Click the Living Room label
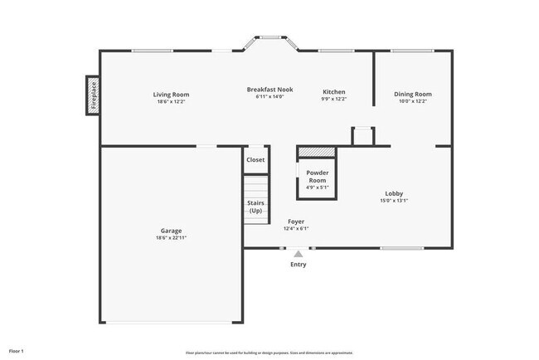171,94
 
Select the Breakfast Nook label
270,89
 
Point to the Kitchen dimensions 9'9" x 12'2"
334,100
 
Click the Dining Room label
412,94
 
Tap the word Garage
171,231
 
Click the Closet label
255,159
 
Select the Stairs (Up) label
255,207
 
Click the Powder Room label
318,177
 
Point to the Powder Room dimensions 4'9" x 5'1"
318,187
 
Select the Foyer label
296,221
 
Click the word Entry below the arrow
298,265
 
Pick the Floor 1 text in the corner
17,351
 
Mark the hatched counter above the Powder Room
316,151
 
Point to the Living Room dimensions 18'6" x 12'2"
171,101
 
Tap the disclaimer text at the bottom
269,352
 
